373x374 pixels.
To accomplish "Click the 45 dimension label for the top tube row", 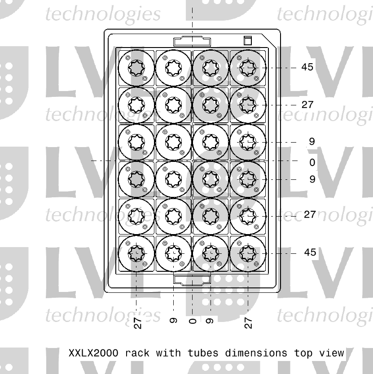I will click(x=307, y=67).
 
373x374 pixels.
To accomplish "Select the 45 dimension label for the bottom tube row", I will click(x=310, y=252).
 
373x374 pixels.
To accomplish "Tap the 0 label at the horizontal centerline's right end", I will click(x=312, y=163).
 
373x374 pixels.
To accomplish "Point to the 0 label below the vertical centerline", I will click(x=192, y=321).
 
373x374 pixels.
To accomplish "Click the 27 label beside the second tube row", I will click(x=307, y=105).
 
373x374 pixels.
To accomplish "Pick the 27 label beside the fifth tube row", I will click(x=310, y=215).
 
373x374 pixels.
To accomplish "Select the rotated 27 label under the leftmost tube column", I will click(x=138, y=322).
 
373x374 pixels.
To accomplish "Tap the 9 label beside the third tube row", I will click(x=312, y=142).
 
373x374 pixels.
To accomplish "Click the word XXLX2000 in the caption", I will click(x=94, y=353).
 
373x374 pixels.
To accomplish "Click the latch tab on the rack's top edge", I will click(x=192, y=42).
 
